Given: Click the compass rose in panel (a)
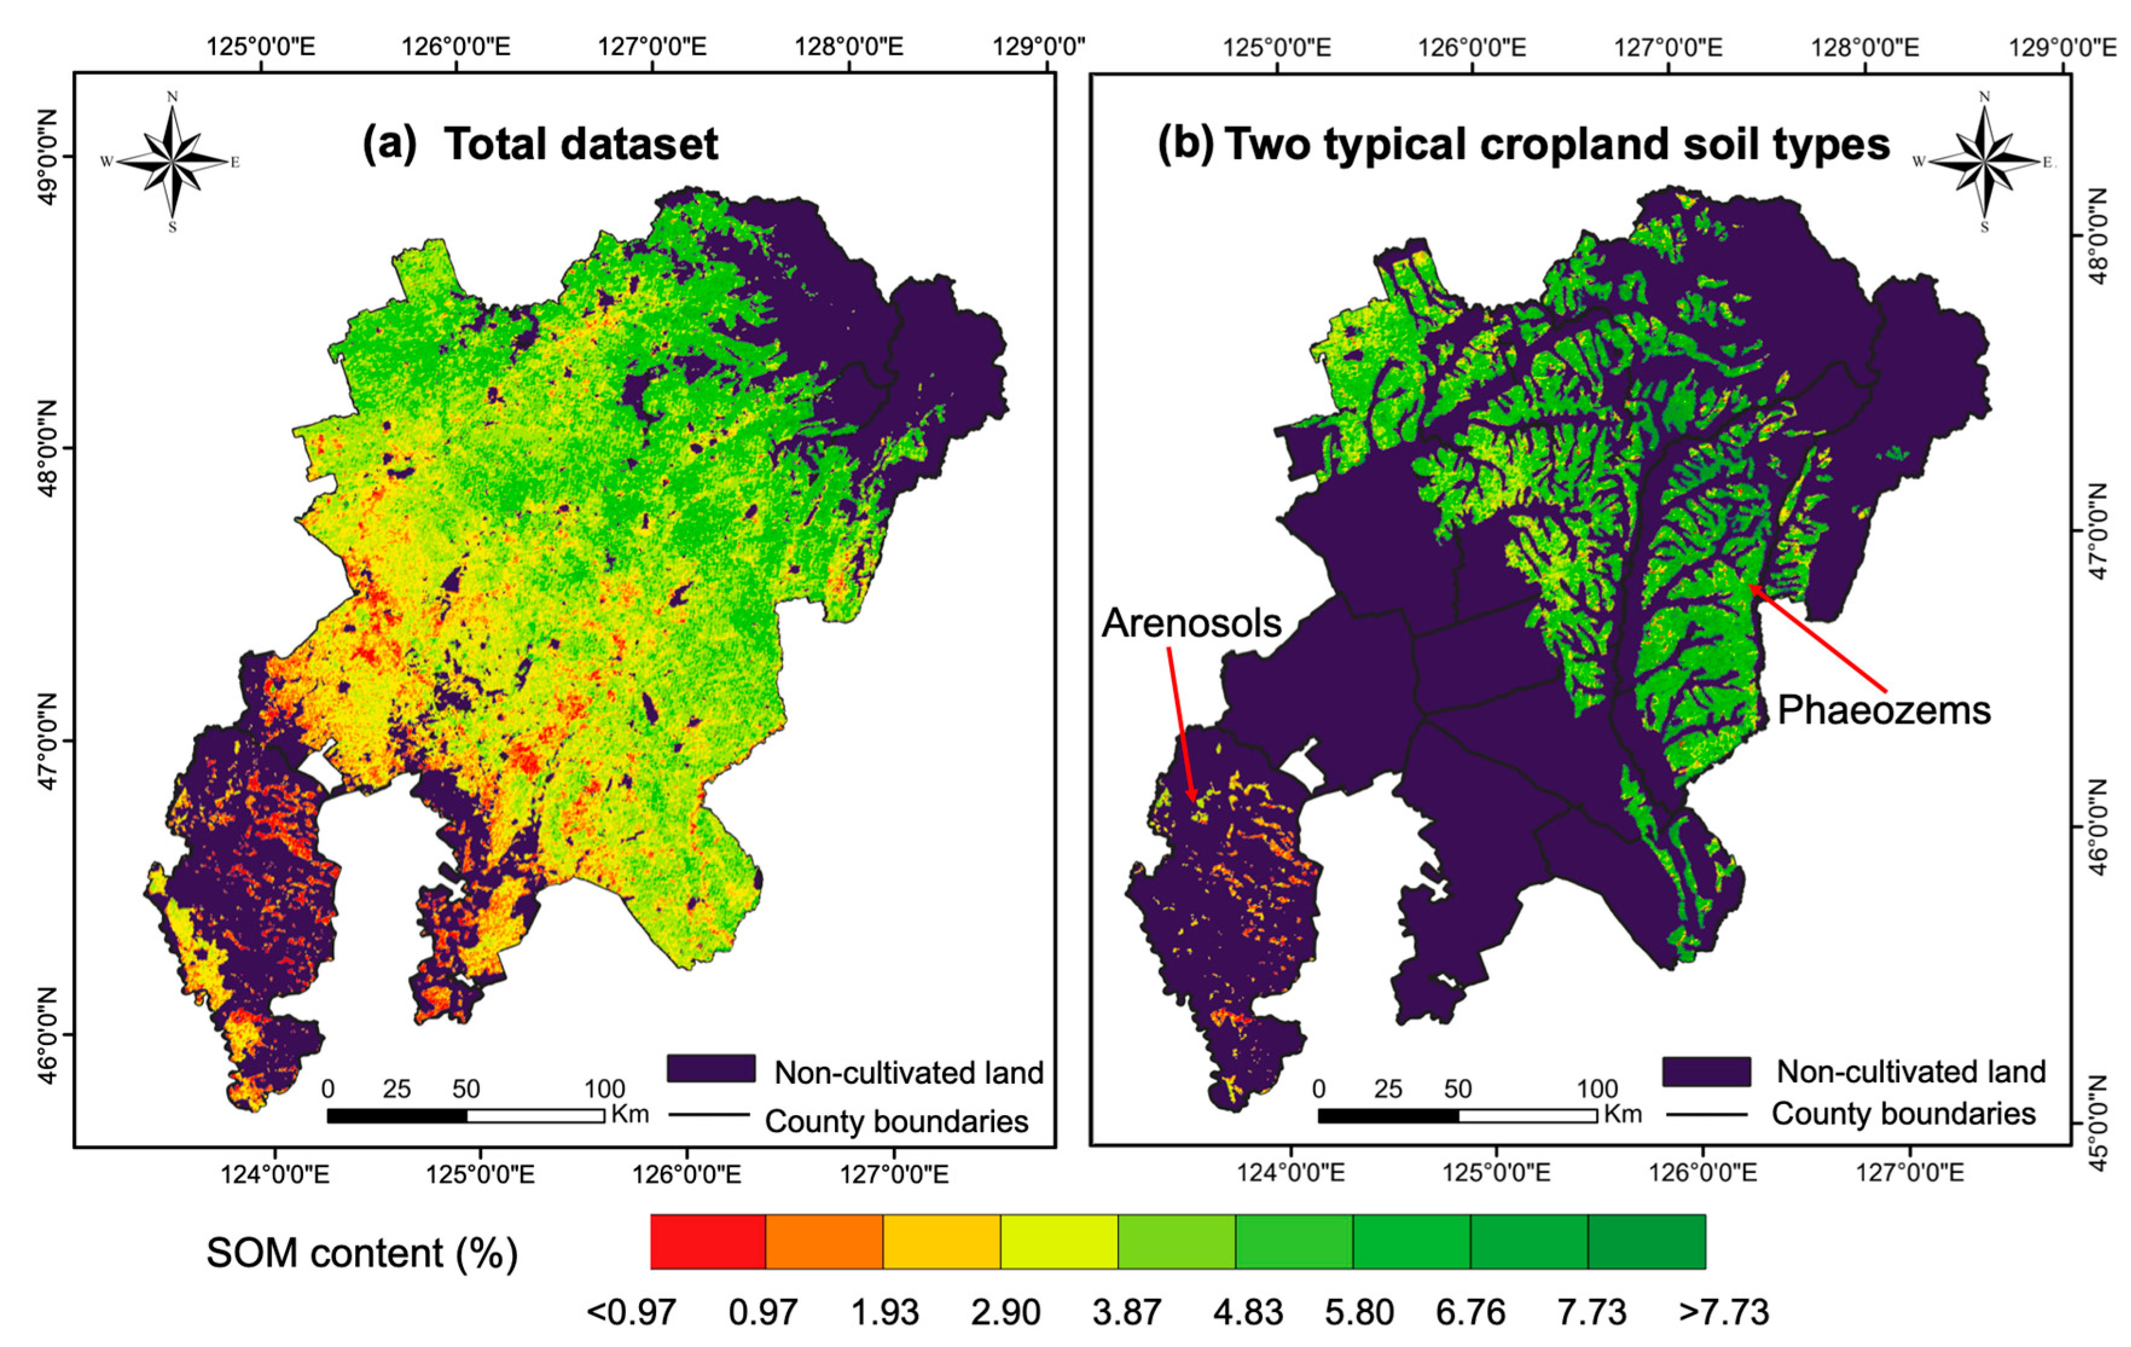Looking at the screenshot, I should tap(172, 161).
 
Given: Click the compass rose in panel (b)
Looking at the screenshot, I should tap(1984, 161).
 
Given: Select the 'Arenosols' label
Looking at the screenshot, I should tap(1191, 623).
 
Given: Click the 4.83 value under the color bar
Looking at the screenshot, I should tap(1248, 1311).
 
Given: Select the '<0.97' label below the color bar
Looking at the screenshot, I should tap(631, 1311).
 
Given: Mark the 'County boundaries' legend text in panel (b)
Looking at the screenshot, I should tap(1903, 1113).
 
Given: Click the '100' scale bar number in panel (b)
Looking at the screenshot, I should tap(1596, 1088).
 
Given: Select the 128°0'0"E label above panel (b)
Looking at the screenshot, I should tap(1865, 47).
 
